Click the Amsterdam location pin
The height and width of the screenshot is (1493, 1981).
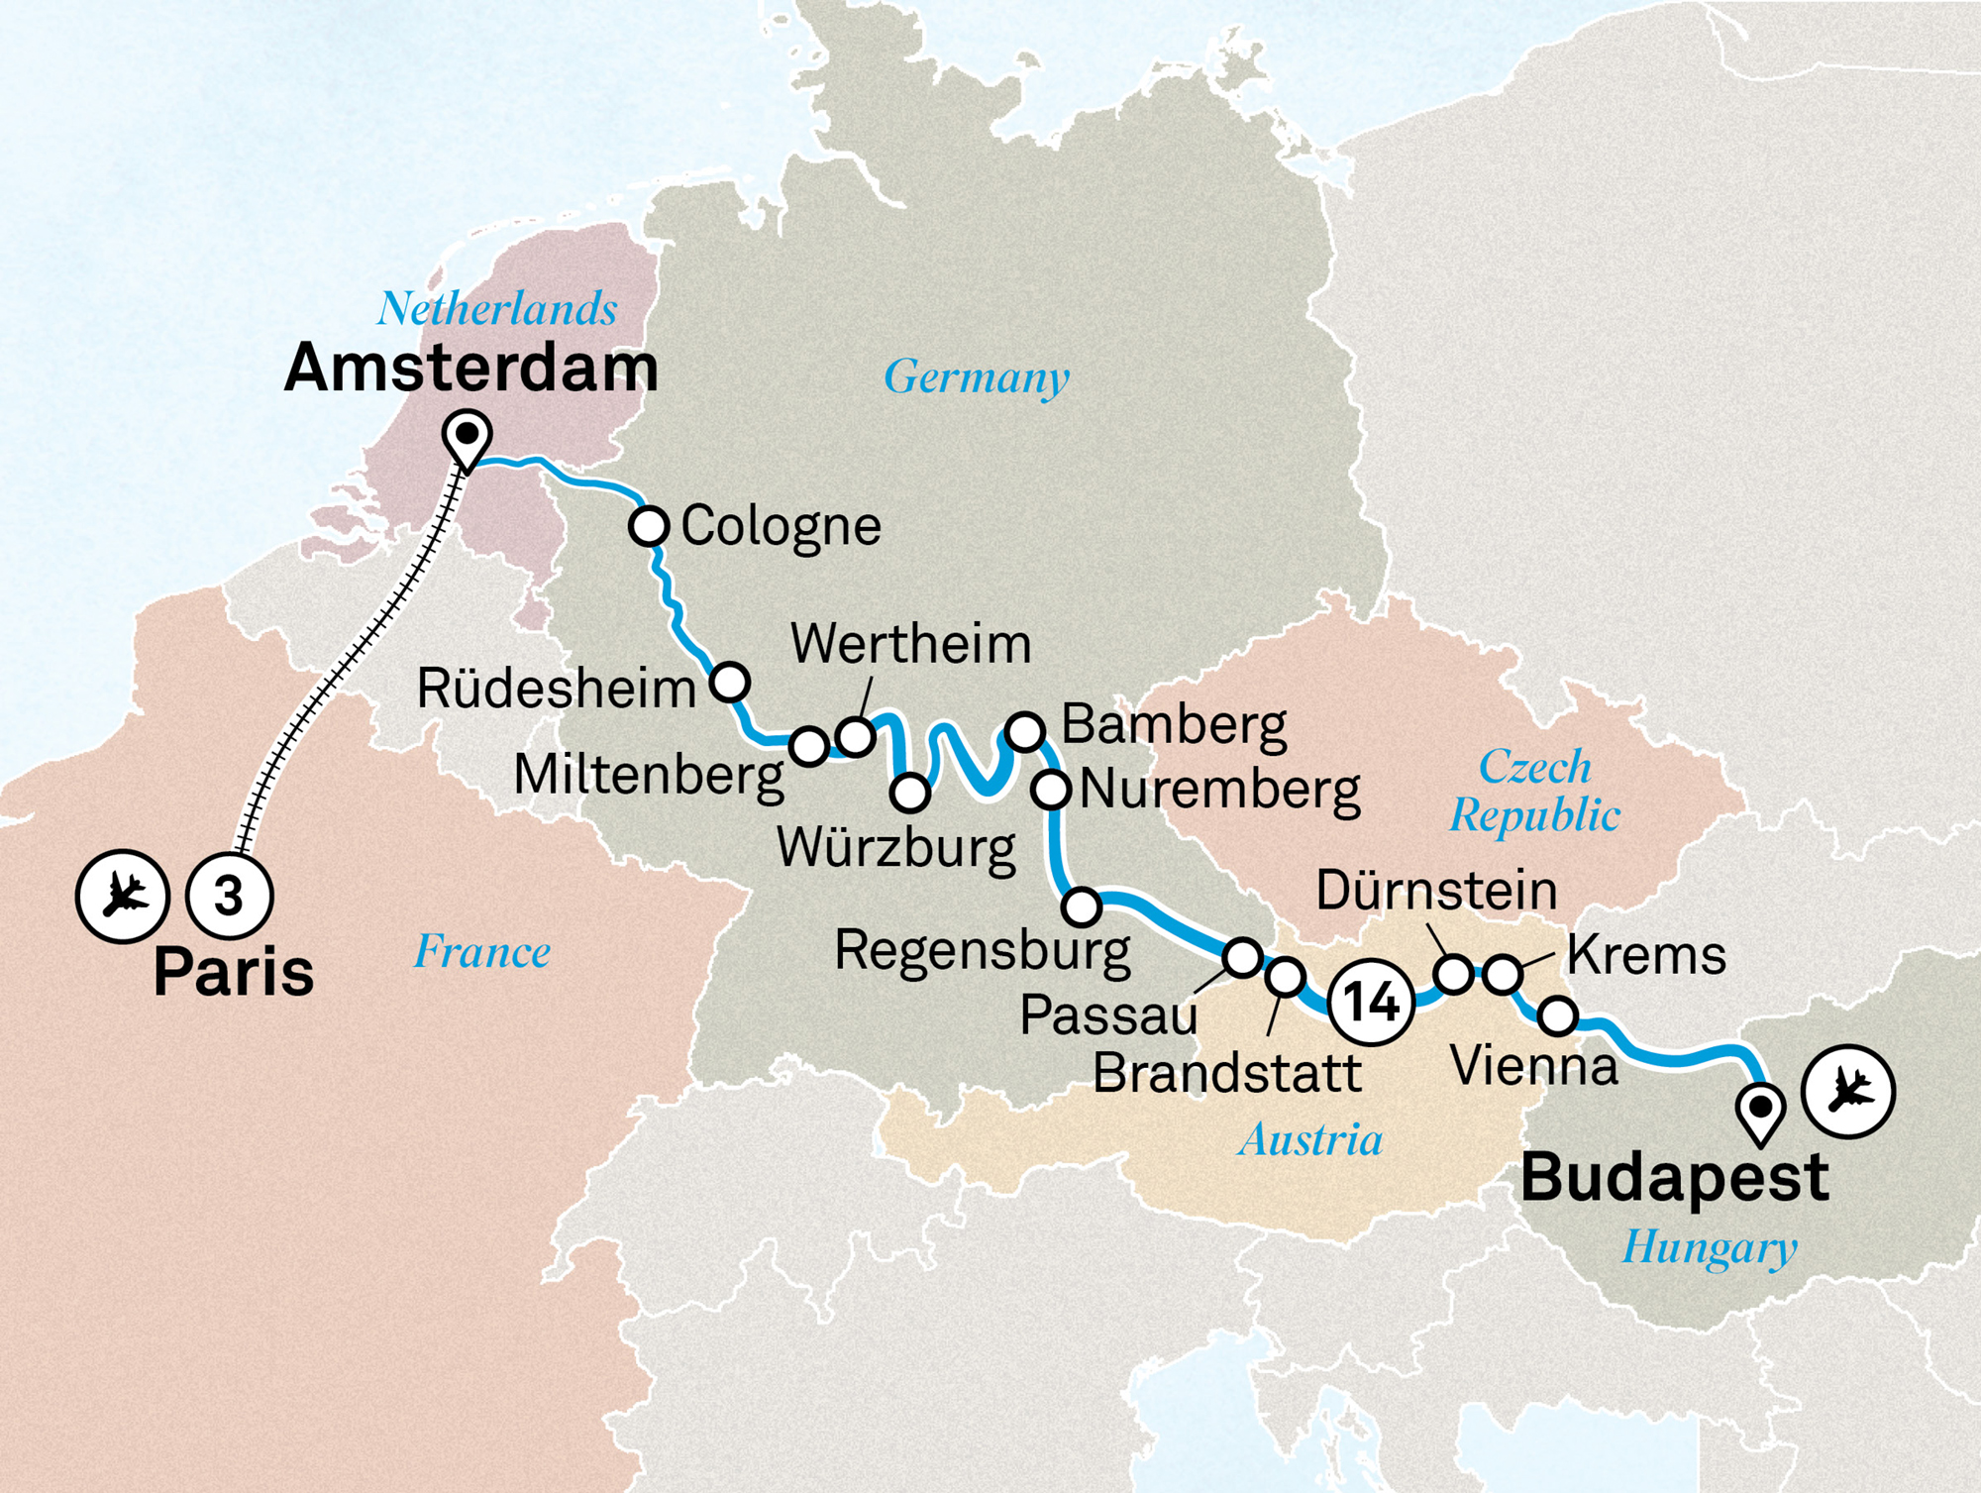point(468,437)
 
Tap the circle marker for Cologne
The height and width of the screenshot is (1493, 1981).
point(649,525)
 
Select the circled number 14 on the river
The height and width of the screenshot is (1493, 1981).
point(1371,1002)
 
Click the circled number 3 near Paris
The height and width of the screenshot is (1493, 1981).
point(230,897)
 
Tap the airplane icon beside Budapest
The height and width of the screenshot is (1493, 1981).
point(1848,1092)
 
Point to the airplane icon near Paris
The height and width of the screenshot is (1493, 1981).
point(123,897)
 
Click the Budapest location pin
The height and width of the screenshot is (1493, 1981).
point(1761,1110)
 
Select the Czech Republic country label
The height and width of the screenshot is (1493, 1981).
point(1534,791)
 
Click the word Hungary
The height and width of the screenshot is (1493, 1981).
point(1709,1246)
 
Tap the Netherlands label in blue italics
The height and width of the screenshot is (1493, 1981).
point(497,309)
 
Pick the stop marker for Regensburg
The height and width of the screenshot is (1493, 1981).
point(1082,906)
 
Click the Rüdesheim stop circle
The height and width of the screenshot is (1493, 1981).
point(730,682)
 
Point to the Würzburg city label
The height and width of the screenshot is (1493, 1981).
point(895,848)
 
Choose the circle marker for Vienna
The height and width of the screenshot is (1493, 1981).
point(1558,1015)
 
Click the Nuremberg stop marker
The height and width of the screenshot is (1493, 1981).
point(1051,790)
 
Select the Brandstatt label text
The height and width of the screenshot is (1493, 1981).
point(1226,1073)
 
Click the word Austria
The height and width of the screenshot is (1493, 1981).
point(1310,1139)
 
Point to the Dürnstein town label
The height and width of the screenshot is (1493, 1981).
point(1436,891)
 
